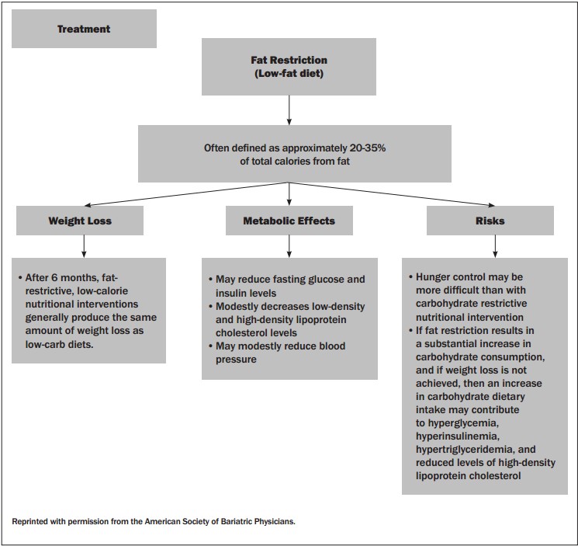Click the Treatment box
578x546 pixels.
click(x=84, y=29)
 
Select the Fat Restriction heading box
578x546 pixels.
click(x=289, y=67)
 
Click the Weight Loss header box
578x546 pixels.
click(x=80, y=221)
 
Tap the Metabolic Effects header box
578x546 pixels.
click(x=289, y=221)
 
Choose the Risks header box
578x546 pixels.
click(x=490, y=221)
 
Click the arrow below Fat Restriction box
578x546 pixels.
click(x=289, y=110)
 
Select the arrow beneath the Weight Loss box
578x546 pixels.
click(x=84, y=246)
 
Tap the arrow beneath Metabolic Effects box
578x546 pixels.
click(x=289, y=246)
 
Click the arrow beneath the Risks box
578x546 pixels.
click(x=495, y=246)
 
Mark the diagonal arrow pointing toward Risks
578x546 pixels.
click(x=392, y=194)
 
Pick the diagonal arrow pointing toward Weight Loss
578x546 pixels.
click(x=186, y=194)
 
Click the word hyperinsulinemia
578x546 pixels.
click(x=458, y=436)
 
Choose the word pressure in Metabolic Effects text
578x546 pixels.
click(x=236, y=360)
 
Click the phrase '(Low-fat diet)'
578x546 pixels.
click(x=289, y=74)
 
